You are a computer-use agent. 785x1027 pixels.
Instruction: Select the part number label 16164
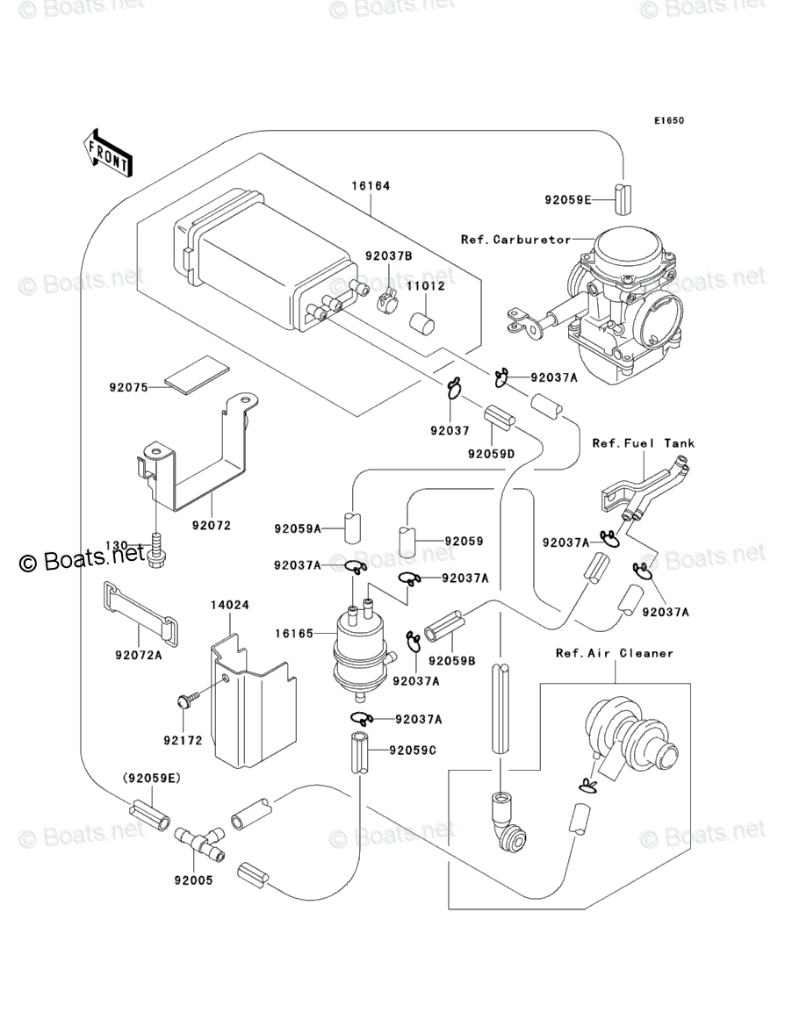click(x=371, y=186)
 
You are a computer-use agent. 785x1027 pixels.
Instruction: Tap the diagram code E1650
click(x=667, y=121)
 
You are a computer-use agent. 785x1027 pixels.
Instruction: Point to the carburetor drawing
click(x=623, y=298)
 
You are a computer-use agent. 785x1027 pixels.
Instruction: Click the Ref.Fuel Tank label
click(x=643, y=443)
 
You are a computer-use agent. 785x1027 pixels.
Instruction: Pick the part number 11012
click(x=425, y=286)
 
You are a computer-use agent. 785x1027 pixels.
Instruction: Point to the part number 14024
click(x=229, y=606)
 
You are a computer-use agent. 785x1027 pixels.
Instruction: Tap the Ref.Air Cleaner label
click(x=614, y=653)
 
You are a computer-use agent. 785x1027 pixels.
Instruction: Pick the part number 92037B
click(x=389, y=256)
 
